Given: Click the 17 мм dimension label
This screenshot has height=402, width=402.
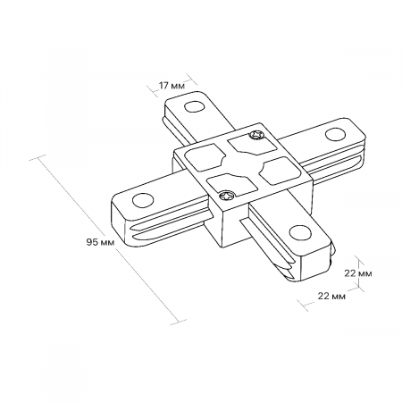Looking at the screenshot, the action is point(172,86).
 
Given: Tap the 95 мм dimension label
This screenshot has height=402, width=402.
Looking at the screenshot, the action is point(100,242).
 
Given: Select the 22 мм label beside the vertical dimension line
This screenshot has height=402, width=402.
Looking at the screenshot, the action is point(358,273).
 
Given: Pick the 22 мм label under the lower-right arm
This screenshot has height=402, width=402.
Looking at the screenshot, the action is point(331,296).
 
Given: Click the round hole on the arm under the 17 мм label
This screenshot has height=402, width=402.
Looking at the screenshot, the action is point(194,106).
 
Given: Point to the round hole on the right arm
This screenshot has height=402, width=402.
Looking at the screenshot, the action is point(335,134).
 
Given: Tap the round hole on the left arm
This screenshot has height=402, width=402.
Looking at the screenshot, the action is point(143,200).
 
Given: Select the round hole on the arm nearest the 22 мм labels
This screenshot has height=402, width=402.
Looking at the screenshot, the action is point(300,232).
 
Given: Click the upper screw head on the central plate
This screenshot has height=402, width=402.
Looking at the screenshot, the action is point(256,135).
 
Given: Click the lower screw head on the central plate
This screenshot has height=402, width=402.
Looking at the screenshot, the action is point(227,196).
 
